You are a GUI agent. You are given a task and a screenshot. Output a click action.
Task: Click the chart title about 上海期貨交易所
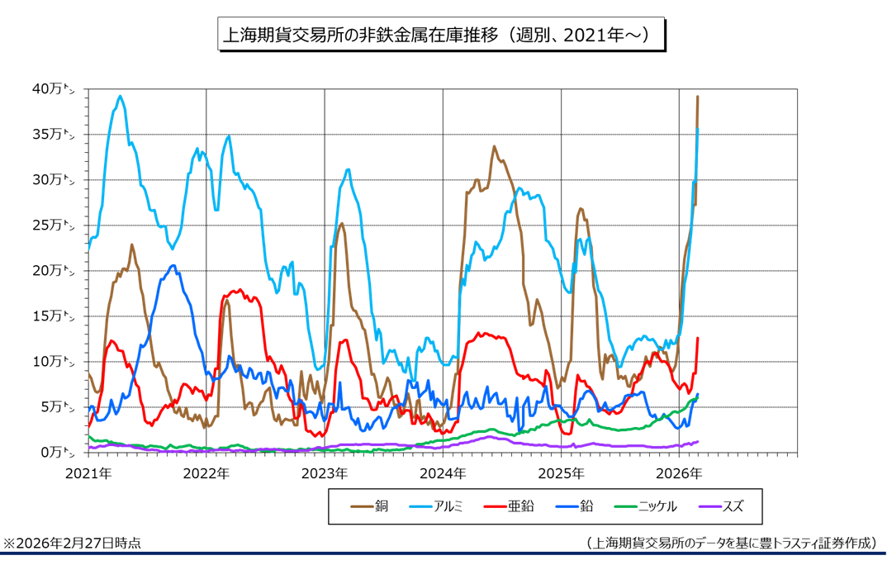tap(440, 36)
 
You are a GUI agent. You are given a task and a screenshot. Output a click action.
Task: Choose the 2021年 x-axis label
tap(88, 474)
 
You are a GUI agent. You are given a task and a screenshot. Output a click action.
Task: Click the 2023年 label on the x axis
tap(325, 474)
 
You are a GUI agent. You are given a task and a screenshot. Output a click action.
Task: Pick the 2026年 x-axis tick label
tap(680, 474)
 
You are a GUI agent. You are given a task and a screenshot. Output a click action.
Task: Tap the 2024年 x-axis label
tap(443, 474)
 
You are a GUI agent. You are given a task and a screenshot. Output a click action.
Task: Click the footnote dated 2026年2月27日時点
tap(72, 543)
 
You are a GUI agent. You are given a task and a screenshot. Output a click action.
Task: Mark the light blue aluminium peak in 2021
tap(121, 96)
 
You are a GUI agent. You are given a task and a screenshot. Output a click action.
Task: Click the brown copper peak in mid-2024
tap(494, 147)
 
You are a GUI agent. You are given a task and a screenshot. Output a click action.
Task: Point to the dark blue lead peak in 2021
tap(173, 265)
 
